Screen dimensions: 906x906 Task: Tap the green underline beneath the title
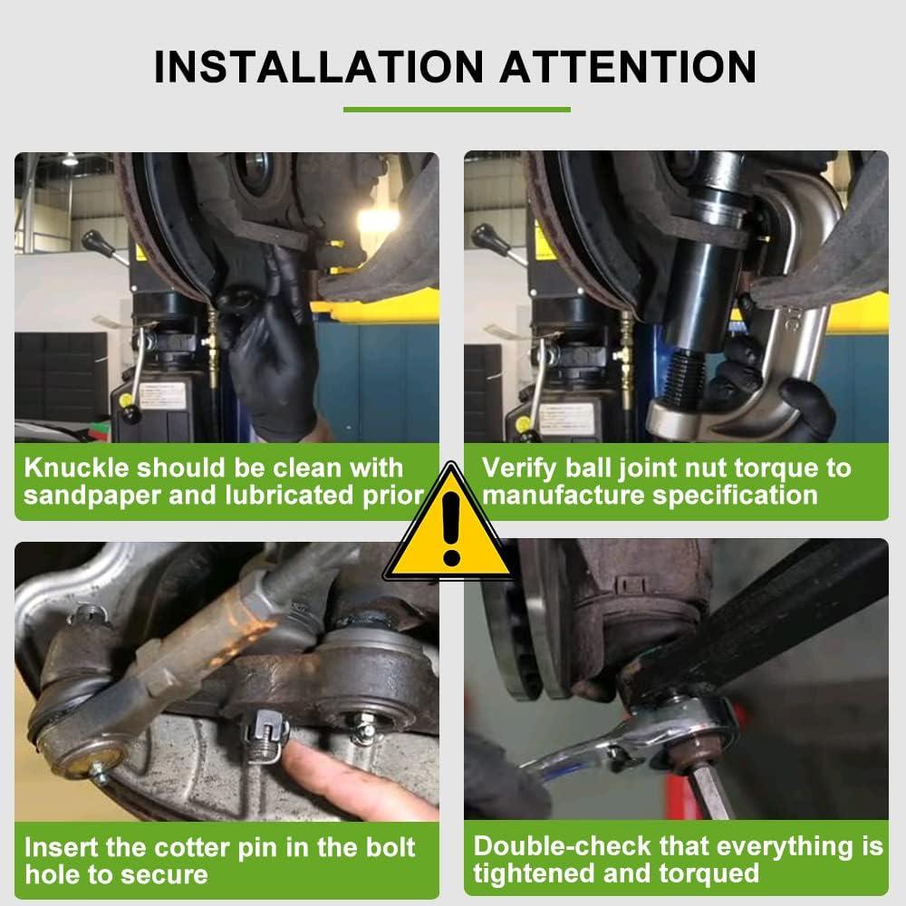click(457, 111)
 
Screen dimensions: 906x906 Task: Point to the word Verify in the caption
click(520, 468)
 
